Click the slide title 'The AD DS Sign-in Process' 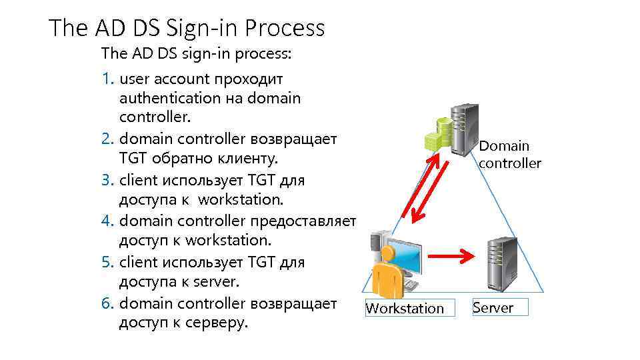(x=187, y=28)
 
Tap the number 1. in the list (x=109, y=79)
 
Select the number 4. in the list (x=109, y=221)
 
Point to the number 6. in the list (x=109, y=303)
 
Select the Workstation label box (x=405, y=308)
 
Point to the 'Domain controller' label (x=509, y=155)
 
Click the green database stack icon (x=438, y=135)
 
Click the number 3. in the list (x=109, y=181)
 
